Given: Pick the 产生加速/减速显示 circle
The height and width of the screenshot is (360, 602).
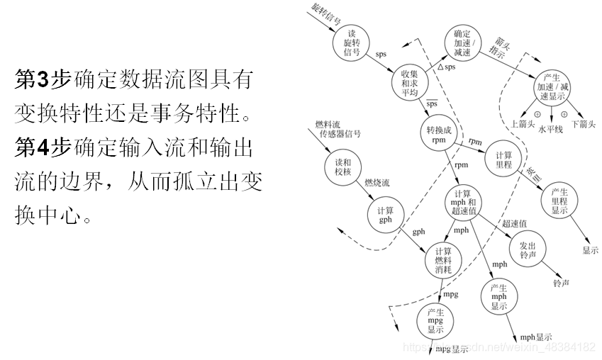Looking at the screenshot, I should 550,86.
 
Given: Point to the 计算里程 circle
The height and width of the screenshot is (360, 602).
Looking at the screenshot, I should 504,160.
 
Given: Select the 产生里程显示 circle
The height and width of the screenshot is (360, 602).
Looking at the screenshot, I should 559,201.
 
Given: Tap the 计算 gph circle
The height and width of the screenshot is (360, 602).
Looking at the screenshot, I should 385,215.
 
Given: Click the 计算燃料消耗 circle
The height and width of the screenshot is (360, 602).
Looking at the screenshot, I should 443,261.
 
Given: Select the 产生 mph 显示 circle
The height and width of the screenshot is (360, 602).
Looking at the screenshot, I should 499,297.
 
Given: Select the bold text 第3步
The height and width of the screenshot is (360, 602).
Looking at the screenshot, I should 42,80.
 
